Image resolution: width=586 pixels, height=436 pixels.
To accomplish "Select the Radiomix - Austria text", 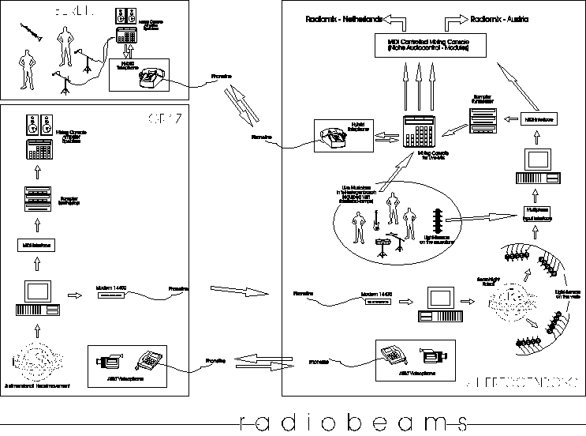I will (x=506, y=17).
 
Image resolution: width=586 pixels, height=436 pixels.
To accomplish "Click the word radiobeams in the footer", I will (x=351, y=421).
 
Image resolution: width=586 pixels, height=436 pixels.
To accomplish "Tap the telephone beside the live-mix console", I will (x=334, y=136).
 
